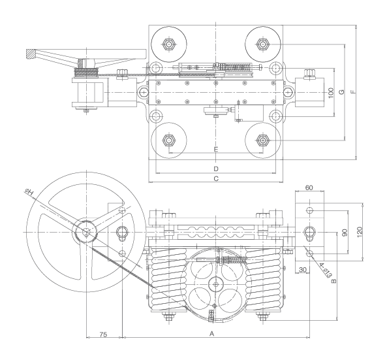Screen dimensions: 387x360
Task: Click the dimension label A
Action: point(211,334)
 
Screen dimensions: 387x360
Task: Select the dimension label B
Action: point(333,281)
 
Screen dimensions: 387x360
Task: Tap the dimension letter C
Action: point(216,178)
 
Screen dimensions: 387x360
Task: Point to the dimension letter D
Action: point(216,169)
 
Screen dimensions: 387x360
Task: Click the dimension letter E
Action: point(216,149)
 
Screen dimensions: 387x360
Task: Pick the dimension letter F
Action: point(354,91)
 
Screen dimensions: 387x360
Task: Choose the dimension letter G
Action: point(341,92)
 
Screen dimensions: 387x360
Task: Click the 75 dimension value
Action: point(103,335)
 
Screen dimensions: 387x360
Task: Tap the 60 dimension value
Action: point(309,188)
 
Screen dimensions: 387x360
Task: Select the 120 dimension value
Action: point(360,231)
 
